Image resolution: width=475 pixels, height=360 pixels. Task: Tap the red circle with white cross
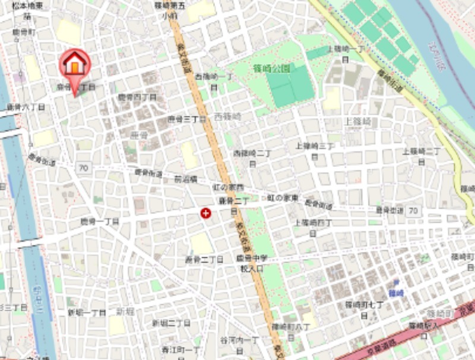click(206, 213)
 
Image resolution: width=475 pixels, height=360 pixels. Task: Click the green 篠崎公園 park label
click(274, 69)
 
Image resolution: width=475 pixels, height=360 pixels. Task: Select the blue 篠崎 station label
click(396, 293)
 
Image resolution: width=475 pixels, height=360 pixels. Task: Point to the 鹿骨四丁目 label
click(137, 96)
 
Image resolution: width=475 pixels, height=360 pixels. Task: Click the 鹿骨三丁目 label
click(186, 119)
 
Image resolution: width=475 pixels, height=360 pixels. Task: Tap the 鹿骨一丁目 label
click(100, 221)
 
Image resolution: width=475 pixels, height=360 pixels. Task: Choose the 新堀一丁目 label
click(86, 312)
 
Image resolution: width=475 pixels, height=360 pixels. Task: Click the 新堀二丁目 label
click(170, 323)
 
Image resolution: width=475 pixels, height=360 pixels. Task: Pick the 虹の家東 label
click(281, 197)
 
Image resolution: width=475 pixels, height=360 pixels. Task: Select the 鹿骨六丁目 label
click(21, 107)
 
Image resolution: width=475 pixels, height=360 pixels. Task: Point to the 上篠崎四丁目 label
click(313, 226)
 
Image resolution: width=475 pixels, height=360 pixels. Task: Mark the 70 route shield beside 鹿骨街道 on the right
click(413, 210)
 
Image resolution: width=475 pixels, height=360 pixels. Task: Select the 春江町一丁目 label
click(181, 349)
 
